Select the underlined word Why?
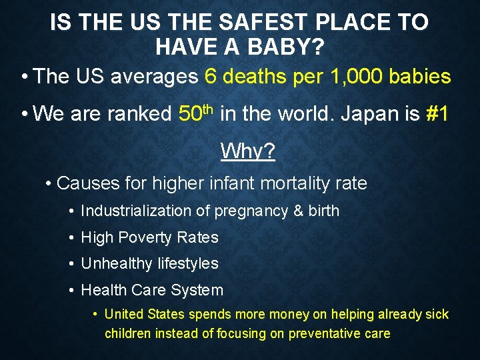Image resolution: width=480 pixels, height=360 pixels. tap(247, 151)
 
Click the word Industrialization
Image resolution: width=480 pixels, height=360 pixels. tap(136, 211)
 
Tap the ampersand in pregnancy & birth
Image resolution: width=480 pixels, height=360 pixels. tap(299, 211)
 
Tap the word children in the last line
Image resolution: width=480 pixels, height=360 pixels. tap(127, 333)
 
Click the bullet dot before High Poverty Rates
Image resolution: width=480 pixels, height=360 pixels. tap(71, 237)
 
